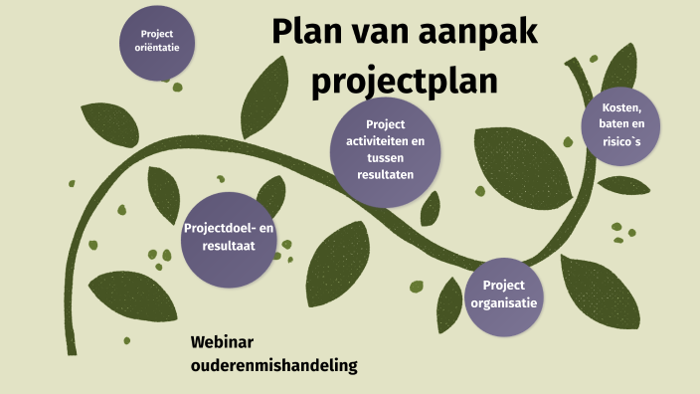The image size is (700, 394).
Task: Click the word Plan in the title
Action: [306, 34]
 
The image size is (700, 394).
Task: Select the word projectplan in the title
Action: [404, 81]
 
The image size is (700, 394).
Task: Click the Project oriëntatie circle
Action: [157, 42]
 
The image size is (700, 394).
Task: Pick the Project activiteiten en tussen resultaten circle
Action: [385, 151]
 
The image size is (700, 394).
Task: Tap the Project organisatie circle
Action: [505, 295]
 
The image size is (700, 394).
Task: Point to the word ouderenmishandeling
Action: [273, 366]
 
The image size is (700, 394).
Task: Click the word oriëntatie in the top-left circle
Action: [157, 49]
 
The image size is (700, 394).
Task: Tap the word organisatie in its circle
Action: [505, 303]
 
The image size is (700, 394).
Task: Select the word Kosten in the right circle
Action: [621, 107]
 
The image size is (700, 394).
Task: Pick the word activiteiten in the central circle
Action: [385, 142]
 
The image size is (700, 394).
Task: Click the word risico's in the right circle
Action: [621, 141]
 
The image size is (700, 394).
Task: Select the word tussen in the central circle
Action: [385, 159]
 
